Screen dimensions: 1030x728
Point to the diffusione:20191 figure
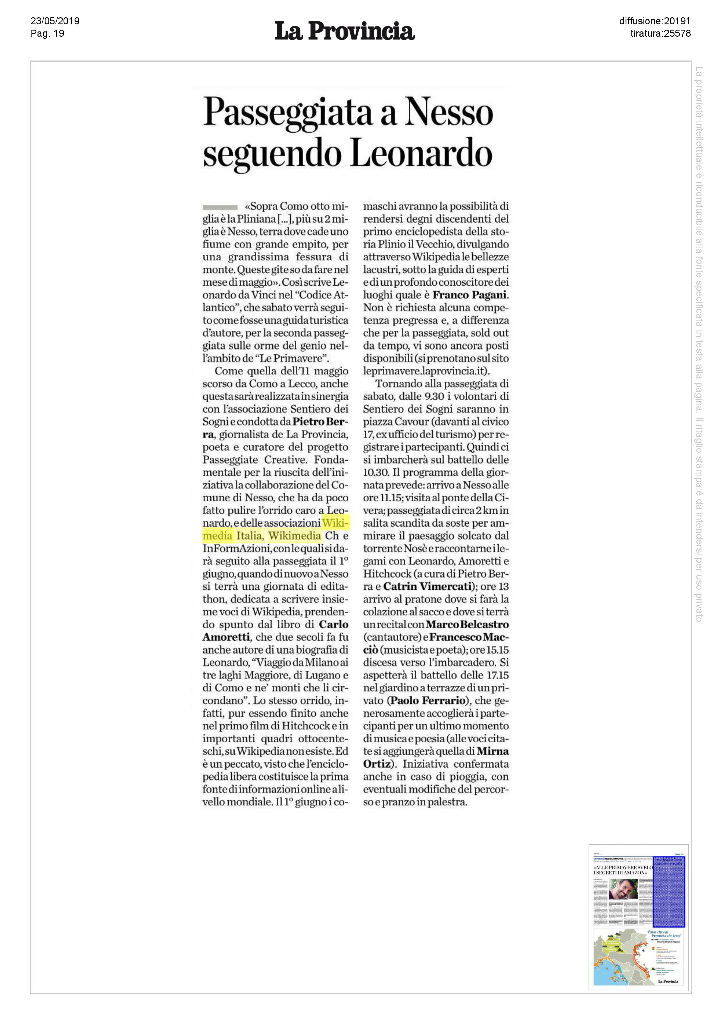click(x=654, y=21)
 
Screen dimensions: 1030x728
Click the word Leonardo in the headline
click(x=421, y=154)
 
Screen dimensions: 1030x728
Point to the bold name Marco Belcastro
click(x=467, y=624)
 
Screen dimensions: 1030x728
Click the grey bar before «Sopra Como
click(x=220, y=207)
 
